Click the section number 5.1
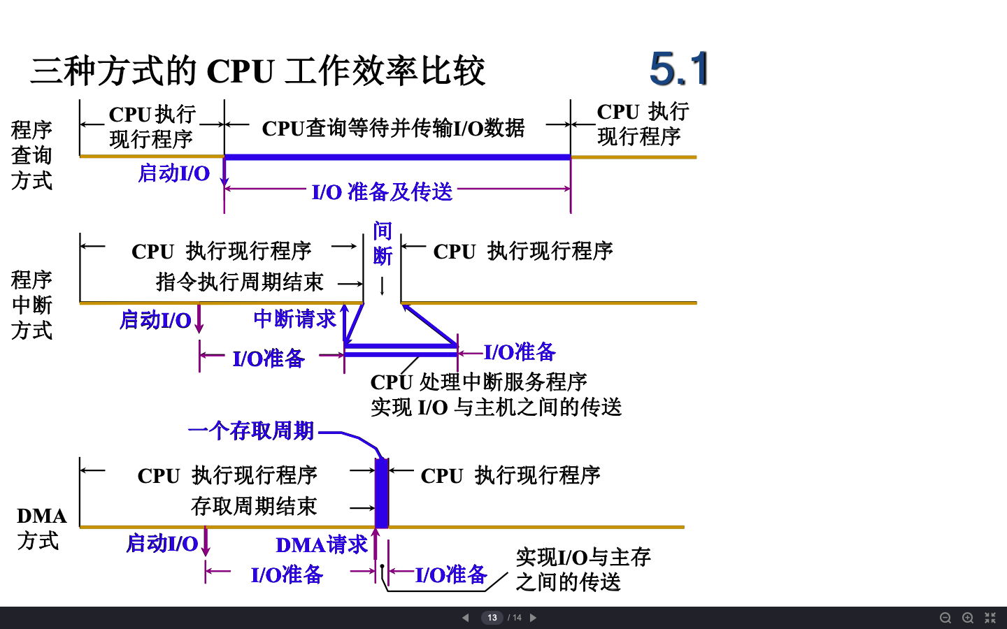point(678,68)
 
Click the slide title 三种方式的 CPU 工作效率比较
point(257,71)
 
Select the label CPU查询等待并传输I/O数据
point(393,128)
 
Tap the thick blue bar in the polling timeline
point(397,157)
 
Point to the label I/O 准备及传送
point(382,191)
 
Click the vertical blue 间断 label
point(382,243)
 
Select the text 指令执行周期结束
point(239,282)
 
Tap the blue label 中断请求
point(294,319)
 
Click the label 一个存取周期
point(251,431)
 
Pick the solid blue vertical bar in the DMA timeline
point(382,493)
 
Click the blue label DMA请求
point(321,544)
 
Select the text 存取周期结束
point(254,506)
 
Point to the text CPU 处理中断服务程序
point(478,382)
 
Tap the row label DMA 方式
point(41,528)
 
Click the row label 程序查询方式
point(31,155)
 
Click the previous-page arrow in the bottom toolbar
point(466,618)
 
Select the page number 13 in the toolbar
point(492,618)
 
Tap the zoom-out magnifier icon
point(945,618)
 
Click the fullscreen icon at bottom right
point(990,618)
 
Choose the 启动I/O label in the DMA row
point(162,543)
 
